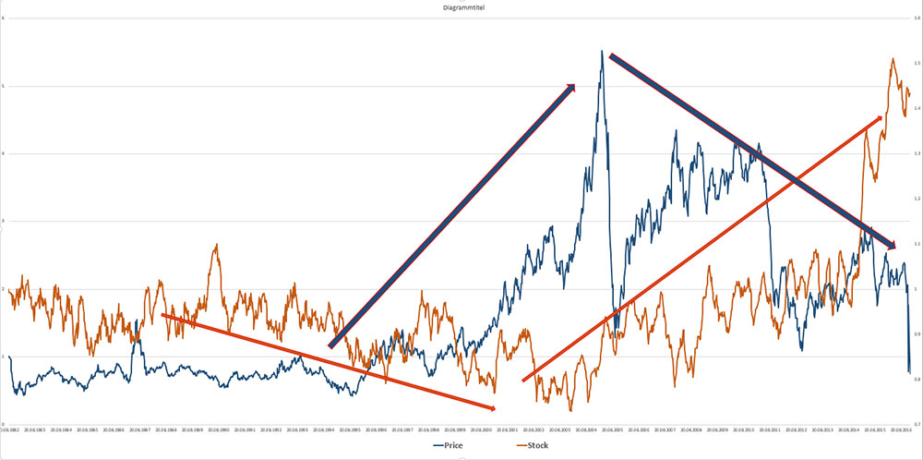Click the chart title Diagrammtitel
pos(461,8)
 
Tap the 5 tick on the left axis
pos(4,87)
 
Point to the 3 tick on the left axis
pos(4,222)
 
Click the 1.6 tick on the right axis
pos(917,18)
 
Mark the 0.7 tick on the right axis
pos(917,424)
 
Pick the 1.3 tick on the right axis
pos(917,153)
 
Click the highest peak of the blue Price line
pos(602,52)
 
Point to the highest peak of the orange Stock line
pos(893,60)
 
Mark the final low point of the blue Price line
pos(909,372)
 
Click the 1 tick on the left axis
pos(4,357)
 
